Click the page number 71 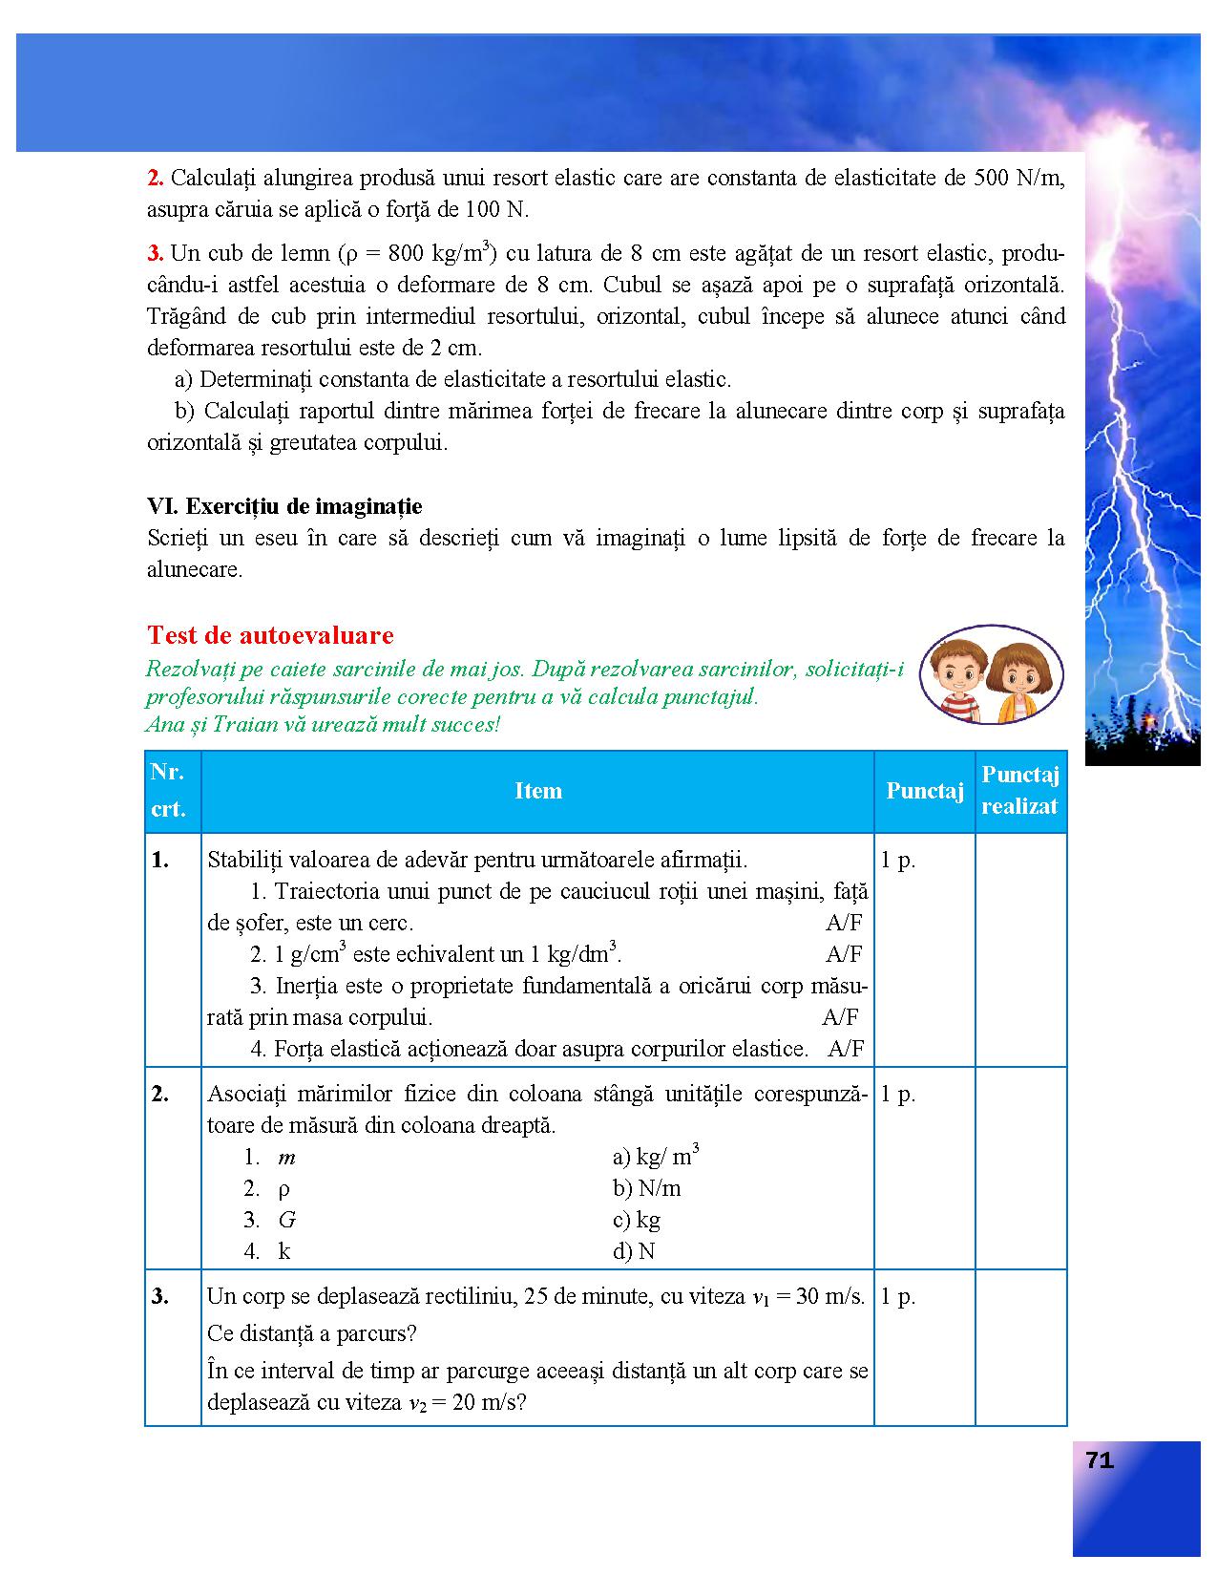[1100, 1460]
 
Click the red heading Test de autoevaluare [270, 635]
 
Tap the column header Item [538, 791]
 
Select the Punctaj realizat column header [1019, 791]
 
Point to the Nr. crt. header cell [169, 791]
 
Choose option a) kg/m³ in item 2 [656, 1157]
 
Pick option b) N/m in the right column [646, 1188]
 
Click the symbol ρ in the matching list [283, 1189]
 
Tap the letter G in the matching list [286, 1220]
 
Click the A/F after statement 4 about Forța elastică [846, 1049]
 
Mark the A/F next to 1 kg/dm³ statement [844, 954]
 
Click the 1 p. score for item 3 [897, 1296]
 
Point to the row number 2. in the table [160, 1095]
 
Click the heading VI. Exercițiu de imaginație [284, 506]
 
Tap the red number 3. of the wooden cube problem [156, 253]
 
